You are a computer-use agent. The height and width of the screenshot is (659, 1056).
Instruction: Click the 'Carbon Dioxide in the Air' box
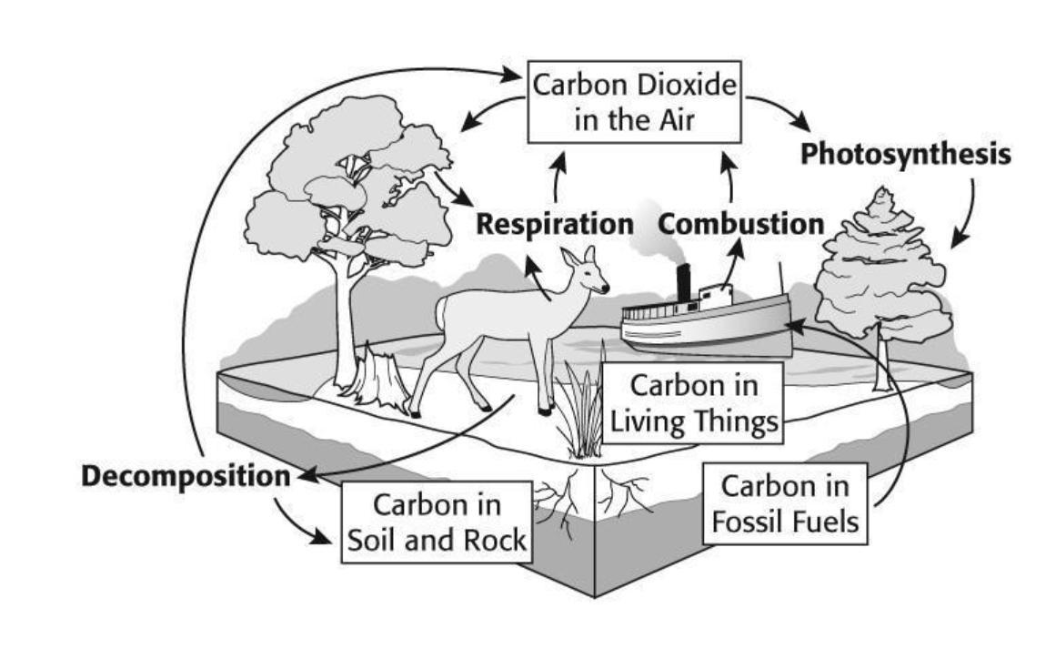[634, 101]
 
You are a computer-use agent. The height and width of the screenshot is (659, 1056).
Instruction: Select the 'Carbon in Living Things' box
[693, 402]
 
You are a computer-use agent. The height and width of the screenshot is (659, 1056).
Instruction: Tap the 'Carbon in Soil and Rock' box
[437, 522]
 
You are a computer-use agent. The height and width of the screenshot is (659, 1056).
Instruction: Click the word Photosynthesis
[905, 155]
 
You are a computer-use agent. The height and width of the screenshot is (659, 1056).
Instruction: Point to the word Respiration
[555, 224]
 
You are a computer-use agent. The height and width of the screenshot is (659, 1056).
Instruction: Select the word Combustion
[741, 224]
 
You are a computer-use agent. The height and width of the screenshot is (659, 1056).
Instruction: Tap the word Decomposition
[185, 476]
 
